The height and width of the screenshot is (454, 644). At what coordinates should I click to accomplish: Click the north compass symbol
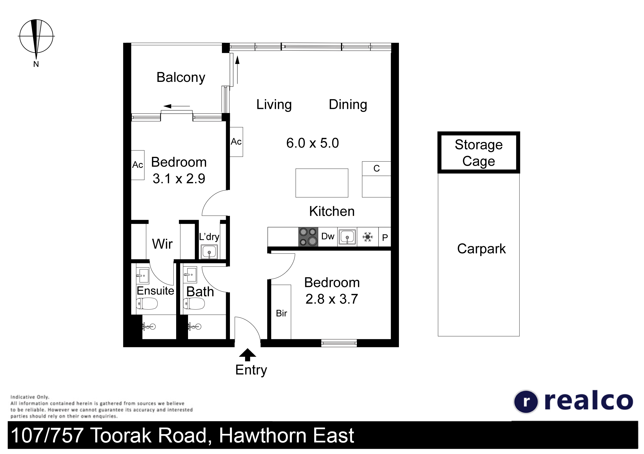[36, 36]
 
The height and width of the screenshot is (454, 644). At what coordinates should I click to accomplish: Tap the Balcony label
[181, 77]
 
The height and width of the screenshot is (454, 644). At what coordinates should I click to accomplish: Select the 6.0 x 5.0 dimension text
[312, 143]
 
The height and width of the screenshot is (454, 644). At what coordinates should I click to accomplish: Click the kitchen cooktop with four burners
[308, 237]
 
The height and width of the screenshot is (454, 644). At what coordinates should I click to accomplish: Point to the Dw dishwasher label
[328, 237]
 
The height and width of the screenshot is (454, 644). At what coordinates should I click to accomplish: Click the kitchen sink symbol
[347, 237]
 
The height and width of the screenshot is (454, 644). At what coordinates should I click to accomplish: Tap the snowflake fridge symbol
[367, 237]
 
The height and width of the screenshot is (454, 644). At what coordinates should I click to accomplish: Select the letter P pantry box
[385, 237]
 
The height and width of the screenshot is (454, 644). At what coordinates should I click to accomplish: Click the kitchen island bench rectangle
[322, 183]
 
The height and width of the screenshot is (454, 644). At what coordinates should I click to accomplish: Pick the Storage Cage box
[479, 152]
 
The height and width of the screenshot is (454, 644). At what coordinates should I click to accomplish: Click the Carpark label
[481, 249]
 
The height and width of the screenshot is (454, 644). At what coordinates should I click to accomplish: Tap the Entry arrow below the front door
[247, 355]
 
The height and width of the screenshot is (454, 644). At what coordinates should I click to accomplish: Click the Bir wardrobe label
[281, 313]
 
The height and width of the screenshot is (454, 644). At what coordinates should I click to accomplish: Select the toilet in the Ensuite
[147, 303]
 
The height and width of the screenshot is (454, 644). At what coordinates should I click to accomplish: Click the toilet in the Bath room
[194, 303]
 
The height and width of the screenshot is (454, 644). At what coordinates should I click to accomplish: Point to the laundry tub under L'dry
[209, 252]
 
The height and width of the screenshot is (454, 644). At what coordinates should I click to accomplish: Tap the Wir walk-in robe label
[162, 244]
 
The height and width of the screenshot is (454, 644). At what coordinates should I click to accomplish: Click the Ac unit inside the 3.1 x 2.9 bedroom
[138, 165]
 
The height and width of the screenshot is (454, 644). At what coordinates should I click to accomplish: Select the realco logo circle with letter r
[526, 402]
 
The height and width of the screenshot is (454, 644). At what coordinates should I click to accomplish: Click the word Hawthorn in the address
[263, 436]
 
